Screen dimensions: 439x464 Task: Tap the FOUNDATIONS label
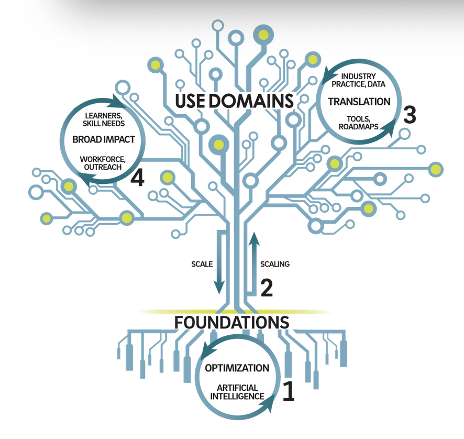[x=231, y=322]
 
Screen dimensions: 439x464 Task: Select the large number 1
[x=289, y=391]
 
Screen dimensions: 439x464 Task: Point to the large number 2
[x=267, y=288]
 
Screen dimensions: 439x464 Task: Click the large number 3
[x=409, y=115]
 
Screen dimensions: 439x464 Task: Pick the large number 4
[x=137, y=178]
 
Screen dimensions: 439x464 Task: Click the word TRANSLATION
[x=359, y=101]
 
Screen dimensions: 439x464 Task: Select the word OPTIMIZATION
[x=237, y=368]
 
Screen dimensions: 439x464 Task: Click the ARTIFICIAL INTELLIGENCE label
[x=237, y=392]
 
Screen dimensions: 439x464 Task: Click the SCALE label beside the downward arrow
[x=202, y=264]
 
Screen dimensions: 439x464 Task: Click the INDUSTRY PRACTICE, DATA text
[x=359, y=80]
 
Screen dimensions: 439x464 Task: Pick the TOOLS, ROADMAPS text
[x=358, y=122]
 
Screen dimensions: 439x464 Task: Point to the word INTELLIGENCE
[x=237, y=396]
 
